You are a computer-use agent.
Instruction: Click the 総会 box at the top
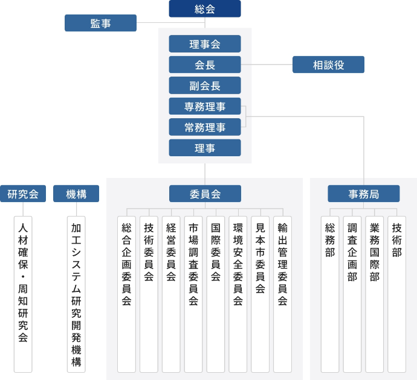click(x=205, y=9)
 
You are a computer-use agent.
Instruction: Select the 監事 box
click(x=100, y=23)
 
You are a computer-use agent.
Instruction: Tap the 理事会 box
click(x=205, y=44)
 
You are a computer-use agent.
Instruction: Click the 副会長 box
click(x=205, y=86)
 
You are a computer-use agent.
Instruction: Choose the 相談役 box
click(x=328, y=65)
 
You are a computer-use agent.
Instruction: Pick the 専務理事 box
click(x=205, y=106)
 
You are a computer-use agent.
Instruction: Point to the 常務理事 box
click(x=205, y=127)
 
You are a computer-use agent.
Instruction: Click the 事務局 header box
click(x=364, y=194)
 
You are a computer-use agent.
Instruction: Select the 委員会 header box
click(x=205, y=194)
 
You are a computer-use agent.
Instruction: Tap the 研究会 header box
click(x=23, y=194)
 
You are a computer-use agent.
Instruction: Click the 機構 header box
click(x=76, y=194)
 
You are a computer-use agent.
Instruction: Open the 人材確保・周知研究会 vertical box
click(x=23, y=294)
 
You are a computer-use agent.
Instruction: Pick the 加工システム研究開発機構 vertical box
click(x=76, y=294)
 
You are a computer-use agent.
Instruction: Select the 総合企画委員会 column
click(x=126, y=294)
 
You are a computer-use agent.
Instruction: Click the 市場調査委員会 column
click(x=193, y=294)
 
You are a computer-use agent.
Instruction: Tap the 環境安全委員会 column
click(x=238, y=294)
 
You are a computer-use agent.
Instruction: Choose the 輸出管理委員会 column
click(x=282, y=294)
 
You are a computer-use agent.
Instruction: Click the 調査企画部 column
click(x=352, y=294)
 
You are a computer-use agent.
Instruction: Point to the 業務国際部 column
click(x=375, y=294)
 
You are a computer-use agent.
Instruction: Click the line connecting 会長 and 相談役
click(x=267, y=65)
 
